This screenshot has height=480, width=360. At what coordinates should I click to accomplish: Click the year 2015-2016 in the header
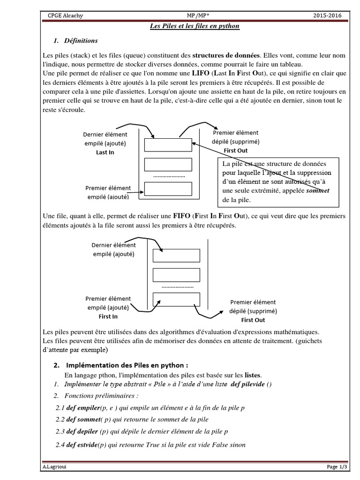328,16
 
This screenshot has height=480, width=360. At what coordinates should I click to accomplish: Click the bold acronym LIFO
201,73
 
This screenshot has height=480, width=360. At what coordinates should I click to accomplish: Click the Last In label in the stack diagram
105,152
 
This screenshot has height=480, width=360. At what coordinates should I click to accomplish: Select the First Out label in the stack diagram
235,150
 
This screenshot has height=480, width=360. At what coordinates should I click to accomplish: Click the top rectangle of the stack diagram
168,145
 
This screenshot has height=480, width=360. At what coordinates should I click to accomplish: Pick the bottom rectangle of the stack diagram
168,188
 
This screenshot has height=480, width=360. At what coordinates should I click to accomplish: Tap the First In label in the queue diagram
108,316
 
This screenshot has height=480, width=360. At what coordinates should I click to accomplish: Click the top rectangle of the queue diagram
177,255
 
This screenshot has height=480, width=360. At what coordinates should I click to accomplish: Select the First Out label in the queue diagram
253,320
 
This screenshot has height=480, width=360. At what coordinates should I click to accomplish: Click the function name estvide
85,444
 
